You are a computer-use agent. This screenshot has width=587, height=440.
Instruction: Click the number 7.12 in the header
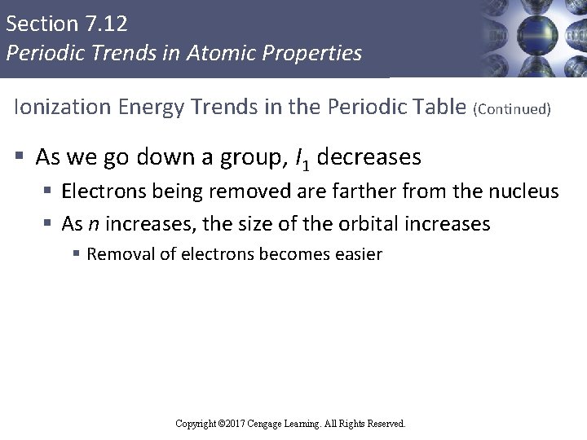pos(105,23)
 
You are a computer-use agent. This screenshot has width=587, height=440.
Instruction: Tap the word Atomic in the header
pos(232,54)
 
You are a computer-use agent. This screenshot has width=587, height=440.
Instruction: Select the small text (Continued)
pos(512,109)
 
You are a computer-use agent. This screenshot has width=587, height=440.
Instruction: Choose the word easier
pos(358,254)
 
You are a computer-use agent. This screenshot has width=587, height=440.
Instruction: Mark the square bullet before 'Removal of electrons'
pos(76,254)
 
